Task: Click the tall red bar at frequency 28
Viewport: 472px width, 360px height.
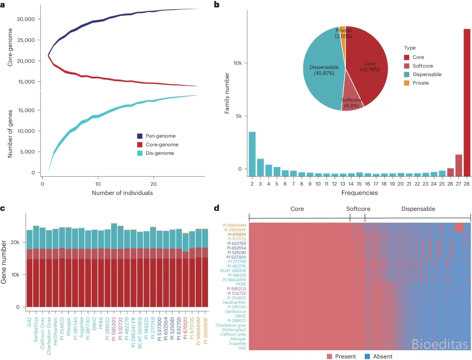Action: pyautogui.click(x=467, y=102)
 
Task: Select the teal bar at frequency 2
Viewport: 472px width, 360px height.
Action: pyautogui.click(x=252, y=154)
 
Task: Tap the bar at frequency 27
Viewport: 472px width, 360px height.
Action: pyautogui.click(x=458, y=165)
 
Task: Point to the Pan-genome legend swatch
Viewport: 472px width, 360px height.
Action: pyautogui.click(x=140, y=136)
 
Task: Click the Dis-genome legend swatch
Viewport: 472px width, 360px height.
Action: pyautogui.click(x=140, y=153)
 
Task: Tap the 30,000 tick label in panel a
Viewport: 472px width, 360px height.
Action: pyautogui.click(x=26, y=19)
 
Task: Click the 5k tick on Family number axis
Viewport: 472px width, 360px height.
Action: pyautogui.click(x=239, y=116)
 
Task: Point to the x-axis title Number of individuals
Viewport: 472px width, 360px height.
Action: pyautogui.click(x=122, y=193)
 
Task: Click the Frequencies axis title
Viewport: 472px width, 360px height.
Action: pyautogui.click(x=359, y=193)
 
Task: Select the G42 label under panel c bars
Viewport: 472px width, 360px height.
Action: pyautogui.click(x=29, y=322)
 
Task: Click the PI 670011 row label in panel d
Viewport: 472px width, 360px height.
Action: pyautogui.click(x=237, y=234)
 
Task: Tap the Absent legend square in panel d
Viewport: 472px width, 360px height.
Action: pyautogui.click(x=367, y=357)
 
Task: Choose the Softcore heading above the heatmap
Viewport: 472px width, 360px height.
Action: pyautogui.click(x=358, y=209)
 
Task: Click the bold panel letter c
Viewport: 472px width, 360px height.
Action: pyautogui.click(x=3, y=208)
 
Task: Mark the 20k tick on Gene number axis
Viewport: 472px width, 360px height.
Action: pyautogui.click(x=15, y=242)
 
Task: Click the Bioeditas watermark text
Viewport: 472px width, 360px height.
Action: pyautogui.click(x=440, y=344)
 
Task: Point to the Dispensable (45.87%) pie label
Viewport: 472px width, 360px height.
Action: pyautogui.click(x=324, y=70)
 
